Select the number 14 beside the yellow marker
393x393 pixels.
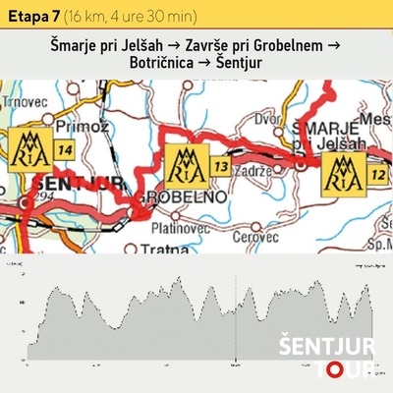66,149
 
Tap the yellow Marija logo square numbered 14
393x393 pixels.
30,150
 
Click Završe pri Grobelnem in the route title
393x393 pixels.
269,46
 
